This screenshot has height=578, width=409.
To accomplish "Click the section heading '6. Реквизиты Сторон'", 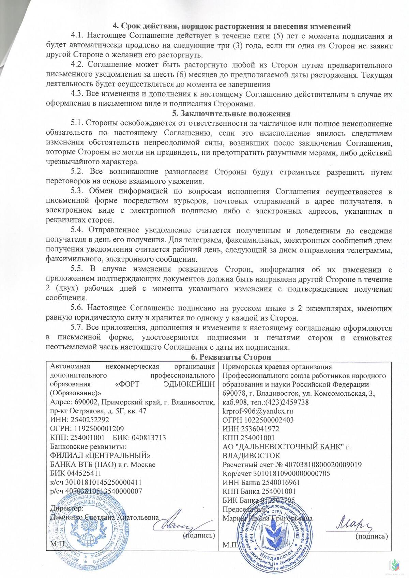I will pyautogui.click(x=230, y=357).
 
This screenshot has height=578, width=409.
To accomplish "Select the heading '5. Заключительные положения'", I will pyautogui.click(x=231, y=114).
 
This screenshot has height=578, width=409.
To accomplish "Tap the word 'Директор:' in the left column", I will pyautogui.click(x=67, y=508).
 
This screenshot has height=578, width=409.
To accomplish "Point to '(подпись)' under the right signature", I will pyautogui.click(x=372, y=536).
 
